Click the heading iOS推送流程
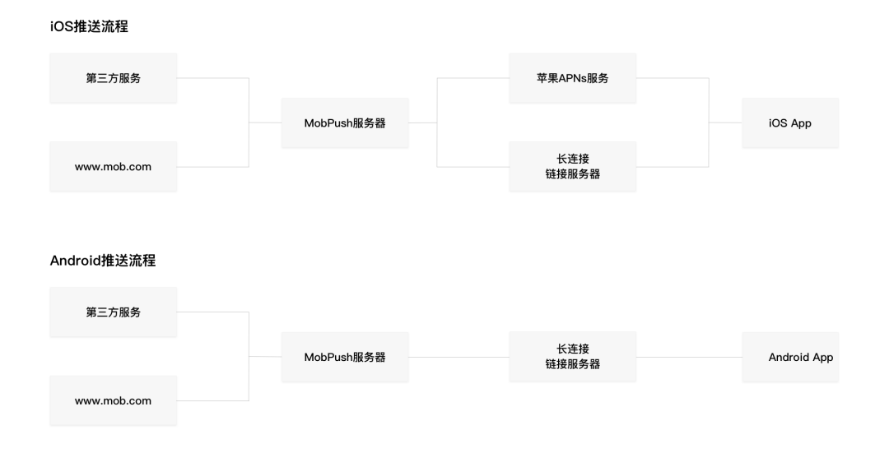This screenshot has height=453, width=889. click(x=89, y=26)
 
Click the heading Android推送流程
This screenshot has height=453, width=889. click(x=103, y=261)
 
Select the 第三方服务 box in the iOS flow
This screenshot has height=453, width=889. click(x=114, y=78)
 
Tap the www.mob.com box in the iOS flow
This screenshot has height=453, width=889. click(x=114, y=166)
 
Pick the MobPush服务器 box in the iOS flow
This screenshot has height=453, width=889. click(x=345, y=122)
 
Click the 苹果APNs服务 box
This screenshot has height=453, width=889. click(x=573, y=78)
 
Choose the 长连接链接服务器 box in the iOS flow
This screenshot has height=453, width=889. click(x=573, y=166)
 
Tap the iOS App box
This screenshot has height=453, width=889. click(x=790, y=122)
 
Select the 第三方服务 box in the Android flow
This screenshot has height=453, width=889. click(x=114, y=312)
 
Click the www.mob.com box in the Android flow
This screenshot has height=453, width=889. click(x=114, y=400)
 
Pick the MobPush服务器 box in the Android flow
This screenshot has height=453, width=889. click(x=345, y=357)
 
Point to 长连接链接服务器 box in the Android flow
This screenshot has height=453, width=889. click(x=573, y=357)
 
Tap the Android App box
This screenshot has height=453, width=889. click(x=790, y=357)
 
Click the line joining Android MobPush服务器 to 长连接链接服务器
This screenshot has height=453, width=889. click(x=458, y=358)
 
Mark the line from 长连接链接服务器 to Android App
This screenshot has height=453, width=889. click(x=689, y=358)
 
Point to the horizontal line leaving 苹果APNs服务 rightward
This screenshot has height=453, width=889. click(x=673, y=78)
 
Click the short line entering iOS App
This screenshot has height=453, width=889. click(x=726, y=122)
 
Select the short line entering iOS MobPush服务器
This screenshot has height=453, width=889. click(x=265, y=122)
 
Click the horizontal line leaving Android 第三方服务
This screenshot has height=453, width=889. click(x=212, y=312)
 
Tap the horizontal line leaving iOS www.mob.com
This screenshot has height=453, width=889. click(x=212, y=166)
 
